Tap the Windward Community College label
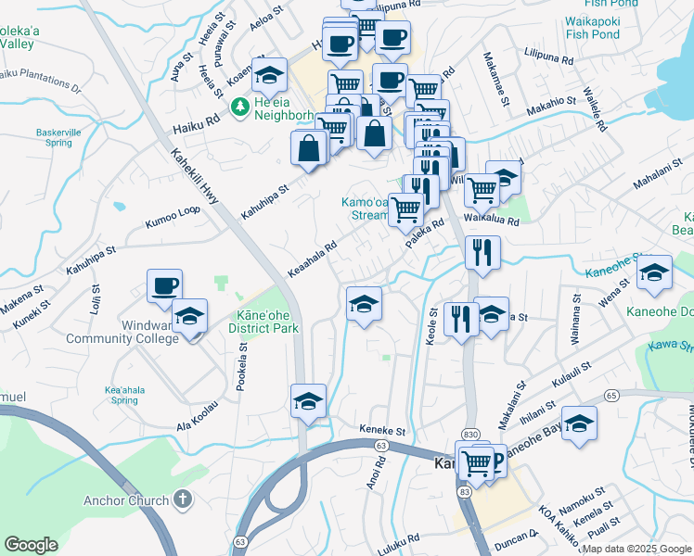(x=122, y=332)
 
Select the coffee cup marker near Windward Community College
(x=164, y=286)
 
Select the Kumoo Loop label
(x=172, y=217)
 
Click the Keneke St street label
(x=383, y=431)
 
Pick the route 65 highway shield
(x=610, y=396)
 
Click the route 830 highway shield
(x=470, y=435)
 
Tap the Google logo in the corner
(x=31, y=545)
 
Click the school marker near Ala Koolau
(x=308, y=401)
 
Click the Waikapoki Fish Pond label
(x=592, y=28)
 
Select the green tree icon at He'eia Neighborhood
(x=239, y=107)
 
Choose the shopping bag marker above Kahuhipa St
(x=308, y=148)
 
